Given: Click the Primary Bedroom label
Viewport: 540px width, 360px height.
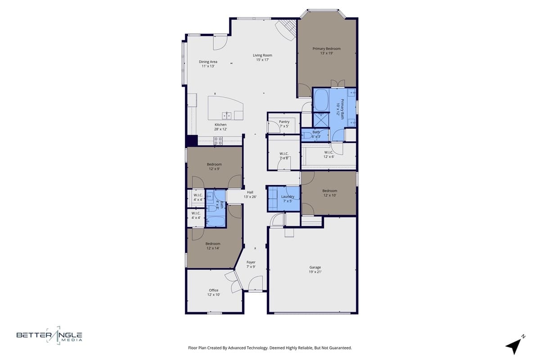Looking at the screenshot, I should tap(327, 51).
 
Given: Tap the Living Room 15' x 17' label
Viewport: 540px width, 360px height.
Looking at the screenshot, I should tap(262, 58).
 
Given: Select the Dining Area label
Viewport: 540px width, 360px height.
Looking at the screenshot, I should tap(208, 64).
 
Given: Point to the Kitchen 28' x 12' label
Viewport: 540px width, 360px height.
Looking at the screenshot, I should tap(220, 127).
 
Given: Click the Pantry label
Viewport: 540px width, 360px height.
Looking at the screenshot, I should tap(284, 124).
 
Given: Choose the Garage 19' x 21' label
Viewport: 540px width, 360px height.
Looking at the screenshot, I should tap(315, 270).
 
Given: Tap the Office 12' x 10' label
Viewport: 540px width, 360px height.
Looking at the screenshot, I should tap(214, 292).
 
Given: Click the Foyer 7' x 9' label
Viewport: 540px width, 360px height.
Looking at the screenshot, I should tap(251, 265).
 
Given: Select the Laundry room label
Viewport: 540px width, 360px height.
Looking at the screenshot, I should tap(288, 198).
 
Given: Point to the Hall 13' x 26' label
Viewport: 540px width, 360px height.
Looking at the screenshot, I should tap(250, 194).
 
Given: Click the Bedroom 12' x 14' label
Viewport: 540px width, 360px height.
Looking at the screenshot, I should tap(213, 246).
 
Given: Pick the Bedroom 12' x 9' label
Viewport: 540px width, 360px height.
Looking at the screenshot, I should tap(214, 166).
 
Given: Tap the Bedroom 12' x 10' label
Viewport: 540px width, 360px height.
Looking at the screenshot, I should tap(329, 193).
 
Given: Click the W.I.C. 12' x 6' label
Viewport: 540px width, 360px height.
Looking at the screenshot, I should tap(329, 154).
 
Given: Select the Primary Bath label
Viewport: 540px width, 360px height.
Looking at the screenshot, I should tap(341, 108).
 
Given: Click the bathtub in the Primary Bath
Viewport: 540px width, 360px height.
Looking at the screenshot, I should tap(321, 100).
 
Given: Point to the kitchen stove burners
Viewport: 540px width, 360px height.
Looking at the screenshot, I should tap(218, 140).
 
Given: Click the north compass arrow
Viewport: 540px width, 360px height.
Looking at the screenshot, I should tap(514, 345).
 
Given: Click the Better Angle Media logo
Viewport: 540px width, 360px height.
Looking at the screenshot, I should tap(49, 335).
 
